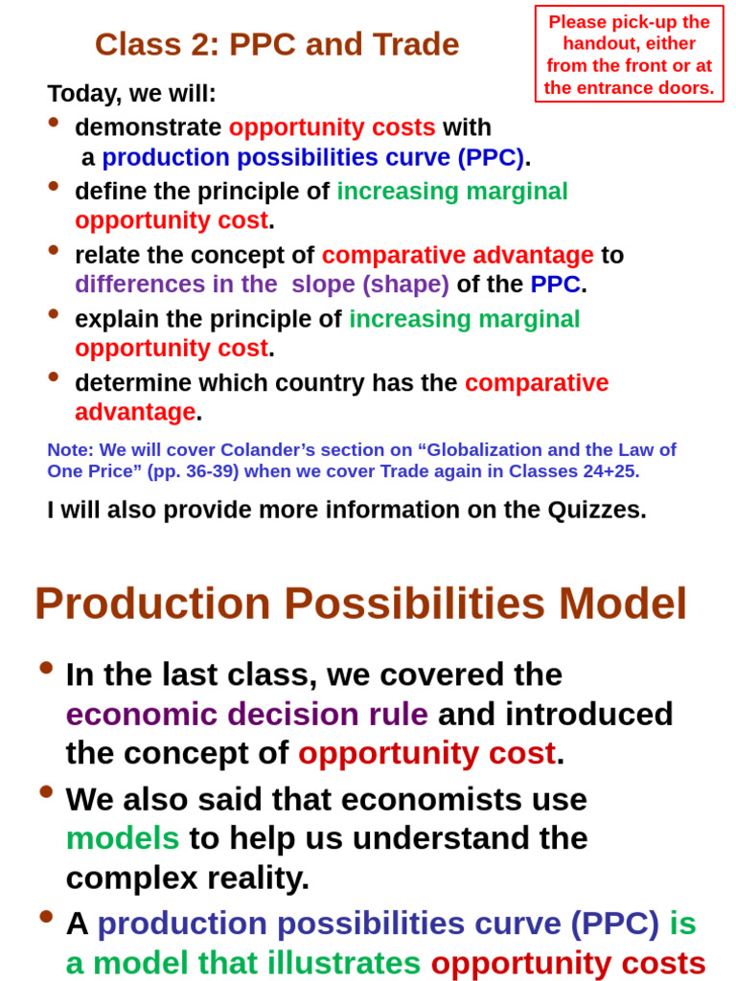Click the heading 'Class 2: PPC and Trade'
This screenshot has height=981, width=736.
click(277, 44)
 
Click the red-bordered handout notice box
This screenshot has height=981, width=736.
click(630, 55)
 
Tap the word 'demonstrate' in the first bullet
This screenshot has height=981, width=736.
click(148, 127)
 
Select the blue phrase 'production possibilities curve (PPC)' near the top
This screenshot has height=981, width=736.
click(312, 157)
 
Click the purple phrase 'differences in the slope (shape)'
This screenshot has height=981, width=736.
click(262, 285)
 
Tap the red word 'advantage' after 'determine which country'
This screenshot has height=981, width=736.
click(135, 412)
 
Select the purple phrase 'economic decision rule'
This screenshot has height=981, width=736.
click(246, 714)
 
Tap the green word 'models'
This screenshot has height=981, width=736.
click(123, 838)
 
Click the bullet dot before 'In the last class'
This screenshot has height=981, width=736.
click(46, 668)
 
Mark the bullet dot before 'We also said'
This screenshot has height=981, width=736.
click(46, 791)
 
